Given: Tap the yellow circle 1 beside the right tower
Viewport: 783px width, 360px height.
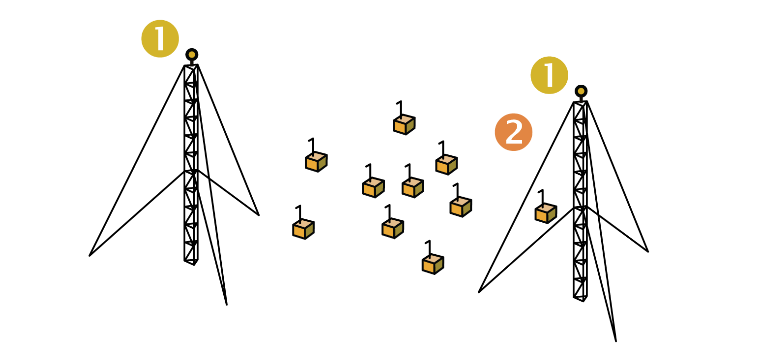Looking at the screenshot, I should pos(549,76).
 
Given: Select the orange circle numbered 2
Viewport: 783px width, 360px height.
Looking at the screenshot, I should pos(513,132).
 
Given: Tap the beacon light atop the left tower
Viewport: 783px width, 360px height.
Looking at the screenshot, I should pos(191,54).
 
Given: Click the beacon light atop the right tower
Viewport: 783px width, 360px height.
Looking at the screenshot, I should pos(581,92).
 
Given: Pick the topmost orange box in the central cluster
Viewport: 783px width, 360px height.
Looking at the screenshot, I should pos(404,124).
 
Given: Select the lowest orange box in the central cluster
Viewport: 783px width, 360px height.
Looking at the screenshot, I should pos(432,263).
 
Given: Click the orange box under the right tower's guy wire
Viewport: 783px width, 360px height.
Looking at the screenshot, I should pos(545,212).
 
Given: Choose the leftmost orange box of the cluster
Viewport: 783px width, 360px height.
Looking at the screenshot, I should pos(304,228).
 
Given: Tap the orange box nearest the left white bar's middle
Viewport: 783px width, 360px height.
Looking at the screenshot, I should pos(316,161).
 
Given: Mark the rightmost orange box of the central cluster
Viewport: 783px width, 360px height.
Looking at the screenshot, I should pos(461,205).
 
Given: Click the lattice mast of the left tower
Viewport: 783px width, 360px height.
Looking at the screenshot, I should pos(191,160).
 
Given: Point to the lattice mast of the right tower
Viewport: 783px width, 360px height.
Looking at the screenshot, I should pos(580,200).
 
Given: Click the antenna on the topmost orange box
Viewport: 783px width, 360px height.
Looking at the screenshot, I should pos(398,106).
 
